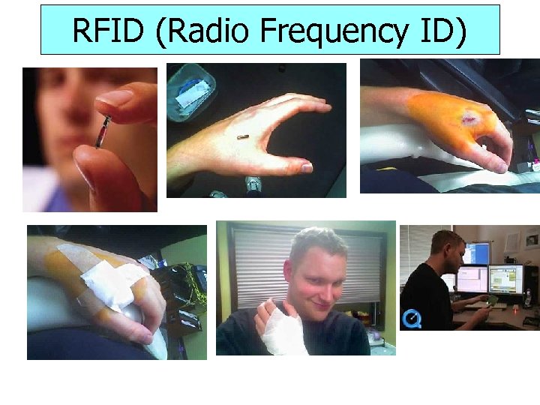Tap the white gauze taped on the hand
[112, 281]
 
